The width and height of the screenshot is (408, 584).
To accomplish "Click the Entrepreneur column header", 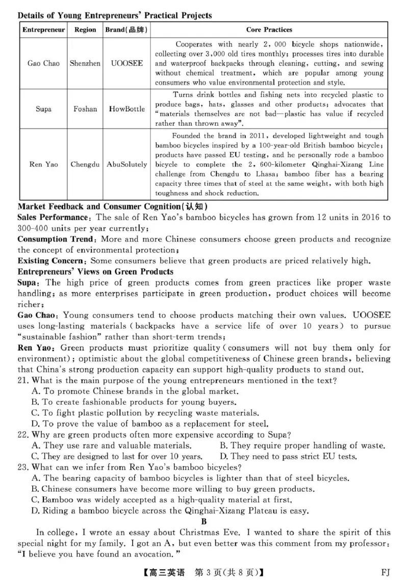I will click(43, 30).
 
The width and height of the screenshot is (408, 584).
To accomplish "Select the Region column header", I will click(85, 30).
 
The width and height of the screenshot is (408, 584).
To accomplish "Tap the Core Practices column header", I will click(269, 30).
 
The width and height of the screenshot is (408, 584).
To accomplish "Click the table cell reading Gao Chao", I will click(43, 64).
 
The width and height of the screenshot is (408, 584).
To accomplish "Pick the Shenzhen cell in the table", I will click(85, 64).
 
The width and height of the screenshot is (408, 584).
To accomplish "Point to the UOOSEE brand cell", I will click(126, 64).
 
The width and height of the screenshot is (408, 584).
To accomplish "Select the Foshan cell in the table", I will click(85, 109).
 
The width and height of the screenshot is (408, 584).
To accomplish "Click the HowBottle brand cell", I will click(126, 109).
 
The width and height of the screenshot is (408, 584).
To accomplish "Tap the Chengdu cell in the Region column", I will click(85, 164).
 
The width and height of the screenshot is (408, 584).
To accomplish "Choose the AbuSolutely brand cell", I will click(126, 164).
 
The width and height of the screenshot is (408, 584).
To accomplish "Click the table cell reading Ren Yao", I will click(43, 164).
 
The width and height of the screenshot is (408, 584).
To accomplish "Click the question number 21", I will click(23, 380).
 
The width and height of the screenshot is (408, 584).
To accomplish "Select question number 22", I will click(23, 435).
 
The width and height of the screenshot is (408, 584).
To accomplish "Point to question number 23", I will click(23, 467).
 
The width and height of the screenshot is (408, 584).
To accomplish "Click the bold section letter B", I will click(204, 521).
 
